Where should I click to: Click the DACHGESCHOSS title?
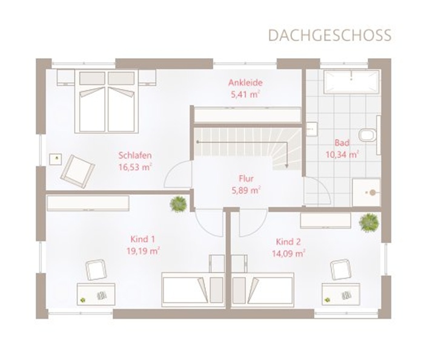(330, 35)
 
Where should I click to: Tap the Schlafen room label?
(135, 155)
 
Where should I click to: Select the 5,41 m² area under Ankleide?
(245, 94)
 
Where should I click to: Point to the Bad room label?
(342, 143)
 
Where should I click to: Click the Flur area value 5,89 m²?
(246, 191)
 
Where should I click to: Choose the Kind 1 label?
(142, 239)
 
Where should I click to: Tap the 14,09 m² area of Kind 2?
(289, 254)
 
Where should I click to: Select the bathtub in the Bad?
(351, 82)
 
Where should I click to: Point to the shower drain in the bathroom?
(373, 192)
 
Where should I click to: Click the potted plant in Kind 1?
(178, 204)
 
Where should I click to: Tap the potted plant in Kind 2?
(368, 222)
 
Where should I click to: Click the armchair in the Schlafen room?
(78, 171)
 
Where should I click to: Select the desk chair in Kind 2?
(340, 270)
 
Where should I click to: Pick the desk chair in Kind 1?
(96, 270)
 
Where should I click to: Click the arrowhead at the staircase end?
(287, 166)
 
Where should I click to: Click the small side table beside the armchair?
(56, 159)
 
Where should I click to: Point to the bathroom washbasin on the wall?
(312, 129)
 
